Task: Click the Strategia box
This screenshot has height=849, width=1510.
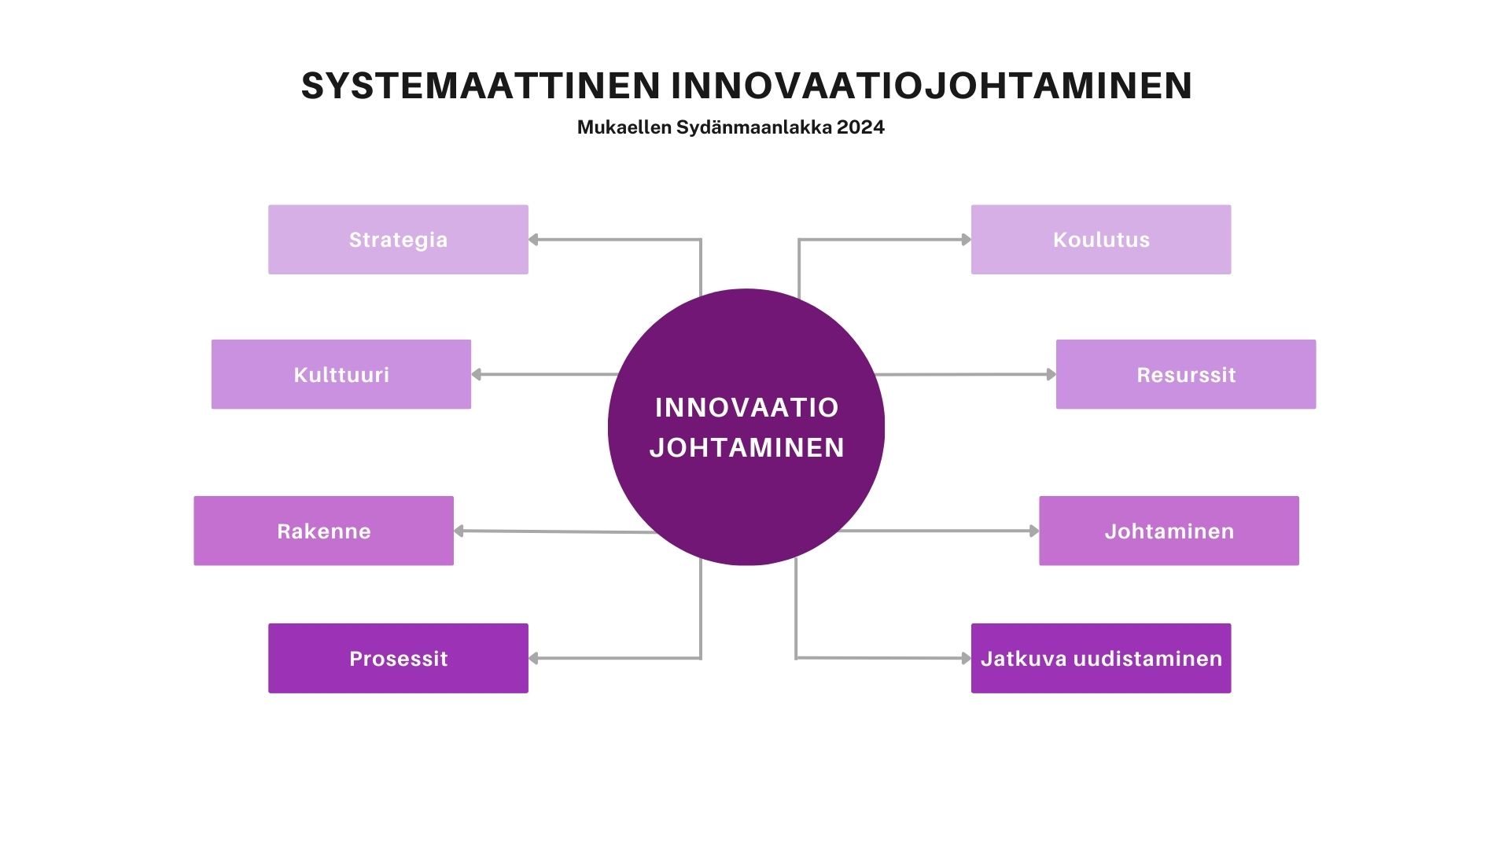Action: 398,240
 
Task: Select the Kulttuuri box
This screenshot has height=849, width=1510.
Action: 341,374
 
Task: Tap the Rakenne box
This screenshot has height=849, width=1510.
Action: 324,531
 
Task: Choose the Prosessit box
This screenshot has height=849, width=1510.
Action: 398,658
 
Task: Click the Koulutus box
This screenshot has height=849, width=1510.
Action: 1101,240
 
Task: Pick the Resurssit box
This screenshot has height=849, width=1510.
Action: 1186,374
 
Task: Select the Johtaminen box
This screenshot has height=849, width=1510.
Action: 1169,531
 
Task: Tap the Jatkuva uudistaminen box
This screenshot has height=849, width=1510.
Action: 1101,658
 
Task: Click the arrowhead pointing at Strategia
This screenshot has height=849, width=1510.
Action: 533,240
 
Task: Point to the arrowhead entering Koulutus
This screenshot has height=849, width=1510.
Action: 967,240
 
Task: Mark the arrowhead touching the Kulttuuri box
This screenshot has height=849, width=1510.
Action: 477,374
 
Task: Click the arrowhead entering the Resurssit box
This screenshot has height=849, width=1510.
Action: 1051,374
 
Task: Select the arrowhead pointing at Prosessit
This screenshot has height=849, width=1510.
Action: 533,658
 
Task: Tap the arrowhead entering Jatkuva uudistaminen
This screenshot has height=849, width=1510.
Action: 967,658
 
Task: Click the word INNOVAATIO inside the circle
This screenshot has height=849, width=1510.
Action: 746,407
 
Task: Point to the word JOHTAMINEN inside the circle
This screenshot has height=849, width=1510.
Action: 746,447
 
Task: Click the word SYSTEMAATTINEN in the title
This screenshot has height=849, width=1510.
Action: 481,86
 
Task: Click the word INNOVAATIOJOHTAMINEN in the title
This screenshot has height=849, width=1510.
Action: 931,86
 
